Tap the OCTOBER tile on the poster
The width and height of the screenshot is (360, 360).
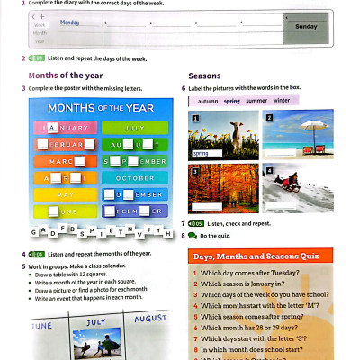(x=134, y=177)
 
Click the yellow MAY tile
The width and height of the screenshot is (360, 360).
(x=65, y=194)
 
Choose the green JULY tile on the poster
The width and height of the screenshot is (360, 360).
(x=134, y=129)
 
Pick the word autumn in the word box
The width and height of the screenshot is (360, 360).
(x=208, y=101)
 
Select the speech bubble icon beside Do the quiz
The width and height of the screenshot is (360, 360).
(x=192, y=235)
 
